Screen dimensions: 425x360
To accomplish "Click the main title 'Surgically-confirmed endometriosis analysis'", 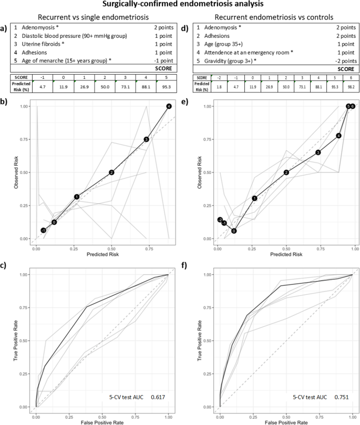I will coord(180,5).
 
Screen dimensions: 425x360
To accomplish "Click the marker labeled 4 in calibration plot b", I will coord(169,107).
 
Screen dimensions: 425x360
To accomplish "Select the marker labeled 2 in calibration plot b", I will coord(111,172).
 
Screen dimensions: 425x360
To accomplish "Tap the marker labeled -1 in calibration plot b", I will coord(44,230).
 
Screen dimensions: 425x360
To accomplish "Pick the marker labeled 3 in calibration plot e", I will coord(318,152).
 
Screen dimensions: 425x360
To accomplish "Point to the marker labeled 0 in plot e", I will coord(234,231).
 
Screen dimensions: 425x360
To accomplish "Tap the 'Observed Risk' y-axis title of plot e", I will coord(200,172).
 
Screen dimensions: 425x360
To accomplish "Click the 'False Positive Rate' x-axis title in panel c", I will coord(102,421).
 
